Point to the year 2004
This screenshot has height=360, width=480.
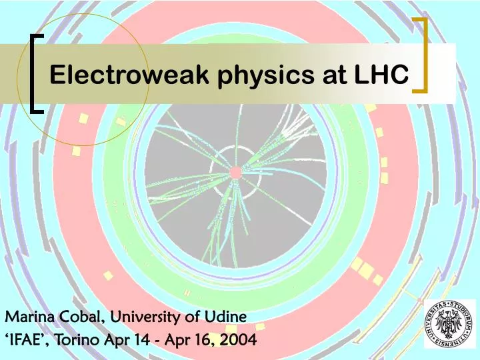(x=240, y=341)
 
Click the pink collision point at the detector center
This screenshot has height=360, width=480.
(x=235, y=173)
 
